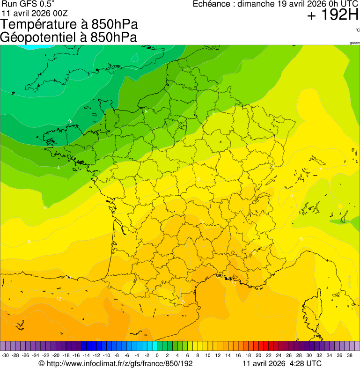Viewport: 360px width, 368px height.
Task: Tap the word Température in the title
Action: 37,24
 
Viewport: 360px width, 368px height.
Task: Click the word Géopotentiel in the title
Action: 38,37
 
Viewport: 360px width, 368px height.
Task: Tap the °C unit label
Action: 357,30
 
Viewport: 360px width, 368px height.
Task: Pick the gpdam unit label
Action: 354,43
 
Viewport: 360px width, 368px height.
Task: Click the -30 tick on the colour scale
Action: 6,355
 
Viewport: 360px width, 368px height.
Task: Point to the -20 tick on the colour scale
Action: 56,355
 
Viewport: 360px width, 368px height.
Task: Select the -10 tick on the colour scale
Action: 106,355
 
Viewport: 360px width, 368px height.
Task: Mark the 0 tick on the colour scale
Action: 157,355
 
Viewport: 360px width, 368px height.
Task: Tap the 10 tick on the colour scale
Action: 207,355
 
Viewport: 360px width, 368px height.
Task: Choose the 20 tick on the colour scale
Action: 258,355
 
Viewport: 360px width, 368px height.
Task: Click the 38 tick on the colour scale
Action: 349,355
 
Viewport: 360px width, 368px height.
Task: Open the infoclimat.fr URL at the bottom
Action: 119,363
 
